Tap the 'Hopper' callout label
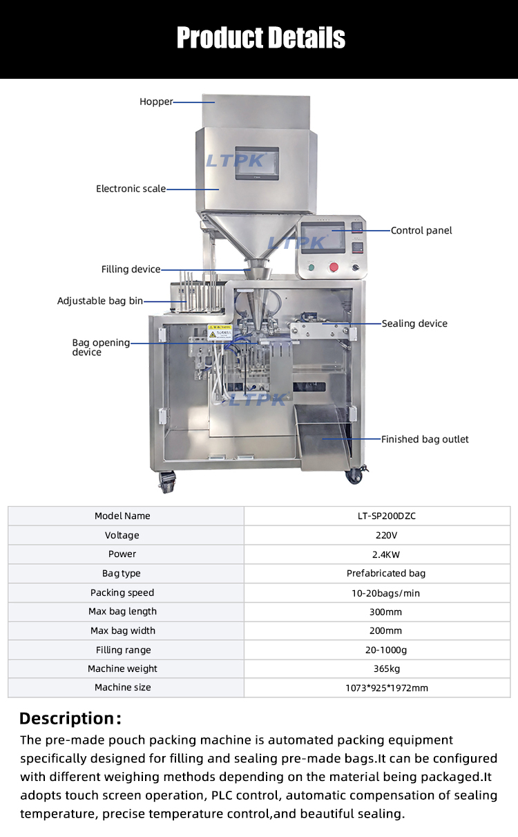[x=156, y=102]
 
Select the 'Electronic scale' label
[x=131, y=189]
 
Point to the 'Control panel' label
[x=421, y=231]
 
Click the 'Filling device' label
[x=131, y=270]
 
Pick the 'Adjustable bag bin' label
[x=100, y=301]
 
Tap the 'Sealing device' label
[x=414, y=323]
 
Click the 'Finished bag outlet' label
[x=425, y=440]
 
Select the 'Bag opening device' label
[x=101, y=348]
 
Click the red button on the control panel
[x=334, y=267]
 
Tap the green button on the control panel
[x=311, y=267]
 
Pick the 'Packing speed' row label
[x=122, y=593]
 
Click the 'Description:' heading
[x=70, y=718]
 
